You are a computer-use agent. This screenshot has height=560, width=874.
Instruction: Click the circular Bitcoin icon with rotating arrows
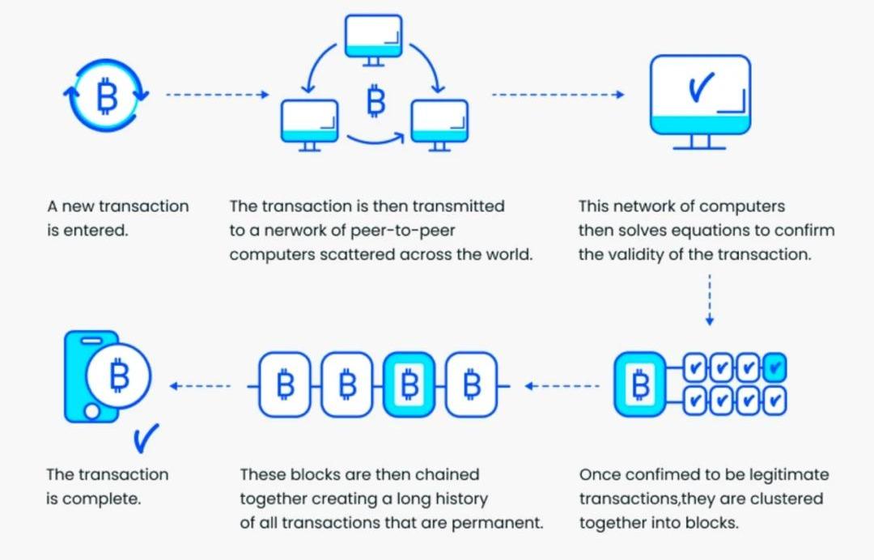106,96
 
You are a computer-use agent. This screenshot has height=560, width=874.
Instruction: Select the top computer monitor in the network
373,37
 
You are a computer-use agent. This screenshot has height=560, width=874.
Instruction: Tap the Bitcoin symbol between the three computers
375,101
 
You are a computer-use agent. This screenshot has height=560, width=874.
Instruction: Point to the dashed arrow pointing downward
710,299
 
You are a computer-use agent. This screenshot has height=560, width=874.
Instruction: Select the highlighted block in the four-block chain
410,385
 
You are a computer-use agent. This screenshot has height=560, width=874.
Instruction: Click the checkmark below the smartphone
146,439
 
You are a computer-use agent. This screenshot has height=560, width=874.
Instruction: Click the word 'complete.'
102,498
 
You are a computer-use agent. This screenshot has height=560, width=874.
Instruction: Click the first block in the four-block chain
286,385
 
